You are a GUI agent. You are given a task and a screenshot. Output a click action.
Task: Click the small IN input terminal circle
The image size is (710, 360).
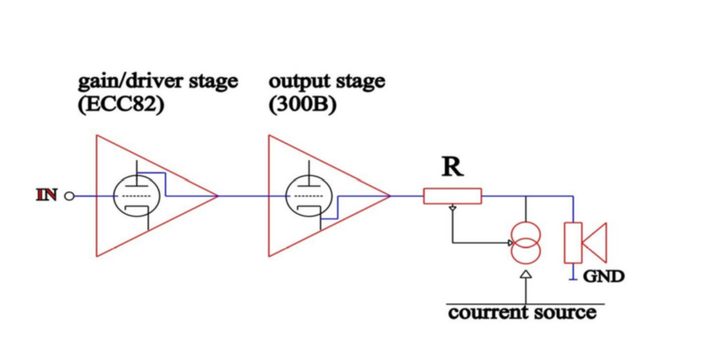coord(69,196)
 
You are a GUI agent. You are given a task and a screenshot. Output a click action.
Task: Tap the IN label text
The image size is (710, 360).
coord(48,196)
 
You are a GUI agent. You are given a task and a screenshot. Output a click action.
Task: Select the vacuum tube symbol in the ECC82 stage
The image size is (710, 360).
coord(132,196)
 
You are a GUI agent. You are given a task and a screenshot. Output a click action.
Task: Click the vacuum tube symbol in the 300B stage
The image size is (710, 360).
coord(304,196)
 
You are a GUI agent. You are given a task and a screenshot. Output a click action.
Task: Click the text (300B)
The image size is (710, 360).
coord(302,105)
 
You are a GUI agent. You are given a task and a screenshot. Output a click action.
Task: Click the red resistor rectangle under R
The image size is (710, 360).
coord(452,196)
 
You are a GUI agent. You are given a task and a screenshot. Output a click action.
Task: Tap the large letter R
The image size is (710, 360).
coord(452,166)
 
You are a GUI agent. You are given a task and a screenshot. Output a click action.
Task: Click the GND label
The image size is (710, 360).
coord(603,276)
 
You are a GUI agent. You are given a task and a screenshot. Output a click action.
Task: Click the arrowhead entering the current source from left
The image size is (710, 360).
coord(511,243)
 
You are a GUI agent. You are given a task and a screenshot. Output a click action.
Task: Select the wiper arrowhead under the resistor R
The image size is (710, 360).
coord(453,208)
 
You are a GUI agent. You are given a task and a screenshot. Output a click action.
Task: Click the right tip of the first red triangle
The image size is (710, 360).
coord(217,196)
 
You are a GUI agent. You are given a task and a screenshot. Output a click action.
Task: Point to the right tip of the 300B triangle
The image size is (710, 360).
coord(389,196)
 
